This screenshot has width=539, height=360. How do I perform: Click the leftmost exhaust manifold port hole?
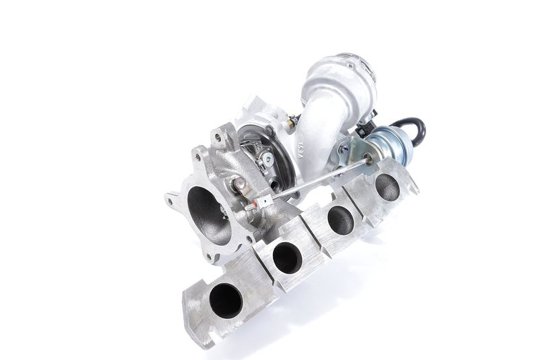225,301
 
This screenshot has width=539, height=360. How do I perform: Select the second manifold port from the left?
288,257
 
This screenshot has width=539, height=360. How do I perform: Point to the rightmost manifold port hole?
387,187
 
